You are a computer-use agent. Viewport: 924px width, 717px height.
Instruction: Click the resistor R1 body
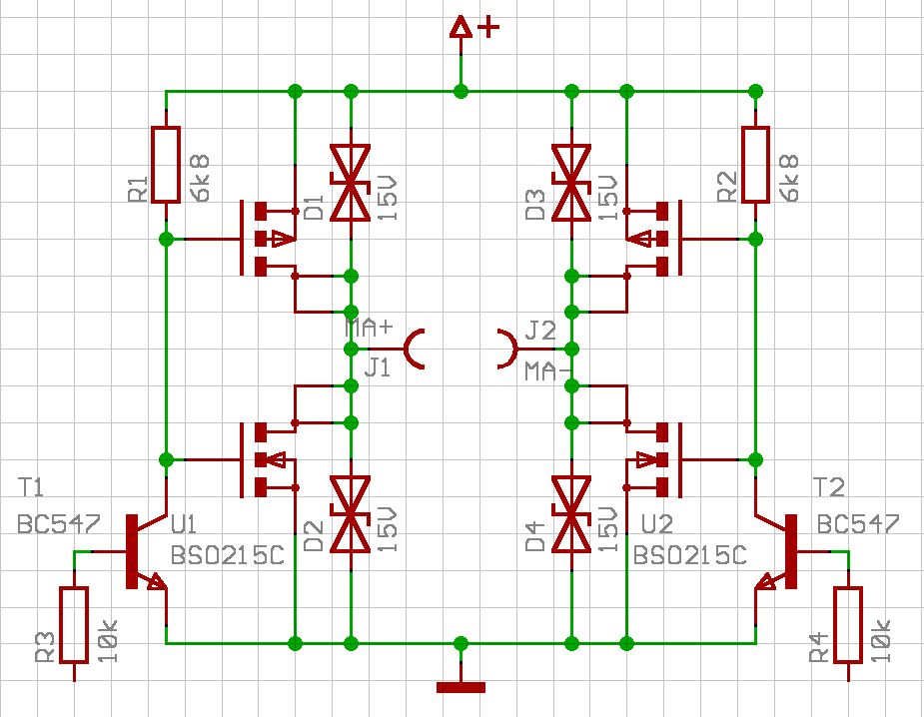[x=166, y=165]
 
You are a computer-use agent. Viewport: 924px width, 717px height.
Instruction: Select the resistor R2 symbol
[x=755, y=165]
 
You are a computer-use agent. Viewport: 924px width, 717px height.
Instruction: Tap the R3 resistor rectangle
[x=74, y=625]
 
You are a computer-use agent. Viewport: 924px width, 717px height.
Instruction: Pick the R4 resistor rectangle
[x=848, y=625]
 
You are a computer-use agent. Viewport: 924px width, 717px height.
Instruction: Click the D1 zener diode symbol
[x=351, y=183]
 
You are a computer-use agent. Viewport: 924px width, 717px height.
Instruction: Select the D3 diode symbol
[x=571, y=183]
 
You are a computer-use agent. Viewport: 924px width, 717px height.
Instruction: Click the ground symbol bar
[x=461, y=687]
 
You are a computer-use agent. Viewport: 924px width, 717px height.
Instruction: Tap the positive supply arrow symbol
[x=461, y=29]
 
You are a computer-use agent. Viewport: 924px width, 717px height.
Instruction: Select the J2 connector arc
[x=508, y=349]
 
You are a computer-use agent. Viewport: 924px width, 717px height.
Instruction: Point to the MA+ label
[x=369, y=329]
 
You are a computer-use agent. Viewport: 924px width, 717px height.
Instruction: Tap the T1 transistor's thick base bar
[x=131, y=551]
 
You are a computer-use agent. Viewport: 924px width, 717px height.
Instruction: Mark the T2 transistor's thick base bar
[x=791, y=551]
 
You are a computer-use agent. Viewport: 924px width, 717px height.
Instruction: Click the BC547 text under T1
[x=57, y=524]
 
